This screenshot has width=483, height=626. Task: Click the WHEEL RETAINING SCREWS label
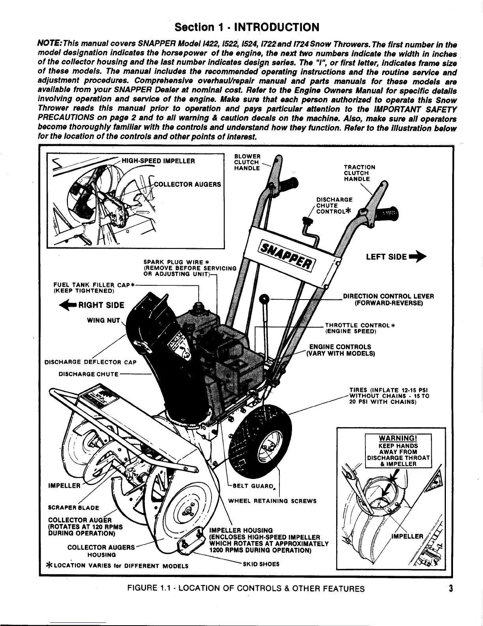(x=272, y=501)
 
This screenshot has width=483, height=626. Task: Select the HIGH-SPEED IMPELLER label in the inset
(x=158, y=161)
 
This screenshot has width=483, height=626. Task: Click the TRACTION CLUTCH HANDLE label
(x=359, y=173)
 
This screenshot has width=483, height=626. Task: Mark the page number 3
(x=450, y=588)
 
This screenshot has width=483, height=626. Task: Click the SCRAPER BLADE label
(x=73, y=508)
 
